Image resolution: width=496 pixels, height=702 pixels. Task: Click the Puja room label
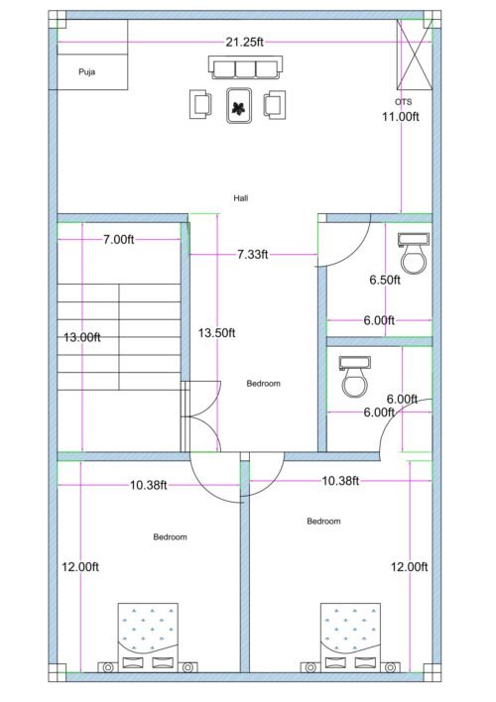(x=86, y=72)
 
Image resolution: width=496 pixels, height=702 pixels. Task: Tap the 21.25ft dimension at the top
(x=245, y=42)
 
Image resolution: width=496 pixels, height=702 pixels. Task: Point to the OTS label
(x=403, y=102)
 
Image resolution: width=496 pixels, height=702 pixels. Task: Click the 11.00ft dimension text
(x=402, y=116)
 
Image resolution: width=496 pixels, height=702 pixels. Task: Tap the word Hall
(x=241, y=198)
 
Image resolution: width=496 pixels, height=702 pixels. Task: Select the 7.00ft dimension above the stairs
(x=118, y=240)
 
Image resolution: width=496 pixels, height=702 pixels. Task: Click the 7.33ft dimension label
(x=253, y=255)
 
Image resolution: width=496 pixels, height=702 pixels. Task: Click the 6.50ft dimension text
(x=384, y=280)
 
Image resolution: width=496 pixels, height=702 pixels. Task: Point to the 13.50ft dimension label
(x=216, y=332)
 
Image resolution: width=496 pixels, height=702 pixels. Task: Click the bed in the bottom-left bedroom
(x=148, y=635)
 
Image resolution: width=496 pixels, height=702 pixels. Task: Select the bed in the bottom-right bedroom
(x=349, y=635)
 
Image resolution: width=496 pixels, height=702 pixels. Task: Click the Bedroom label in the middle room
(x=264, y=384)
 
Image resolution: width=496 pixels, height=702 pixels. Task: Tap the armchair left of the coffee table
(x=201, y=103)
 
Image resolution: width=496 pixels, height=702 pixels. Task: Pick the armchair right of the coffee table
(x=275, y=103)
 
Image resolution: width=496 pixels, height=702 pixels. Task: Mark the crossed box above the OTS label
(x=409, y=56)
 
